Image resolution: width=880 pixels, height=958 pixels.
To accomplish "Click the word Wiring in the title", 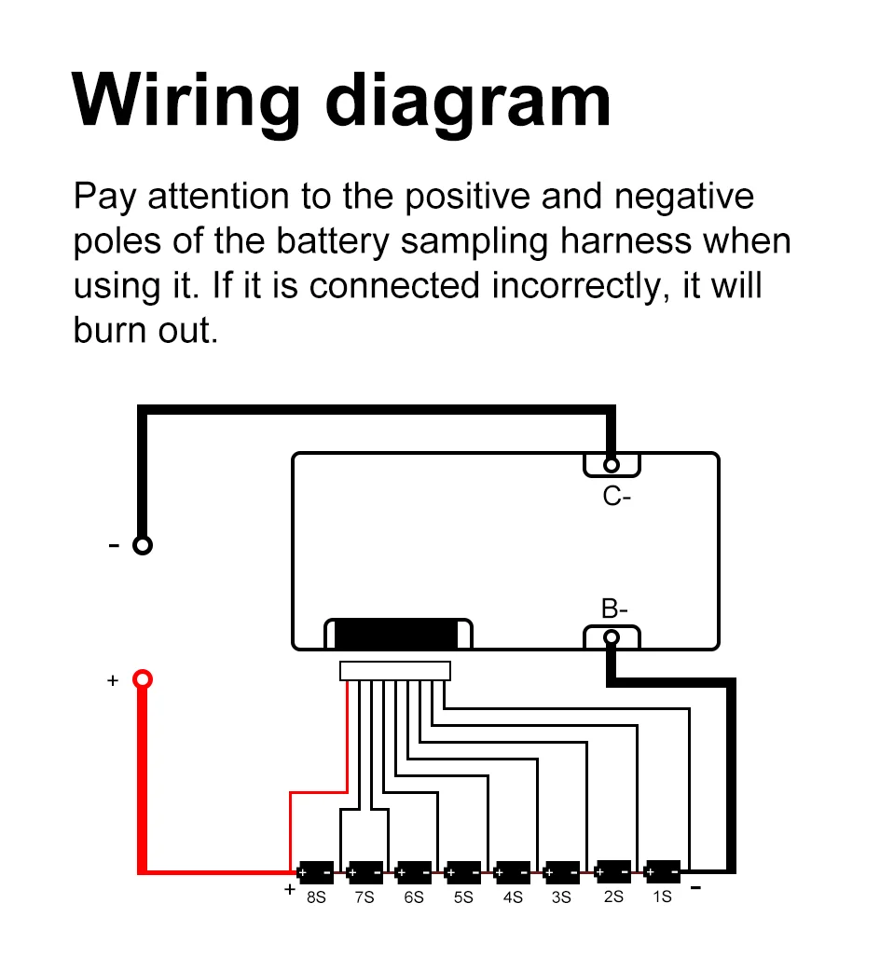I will point(186,101).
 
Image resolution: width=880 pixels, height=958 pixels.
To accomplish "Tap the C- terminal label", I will point(616,497).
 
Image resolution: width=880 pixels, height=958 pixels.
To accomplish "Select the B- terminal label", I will point(614,610).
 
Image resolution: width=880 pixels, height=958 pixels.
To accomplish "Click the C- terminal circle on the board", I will point(612,464).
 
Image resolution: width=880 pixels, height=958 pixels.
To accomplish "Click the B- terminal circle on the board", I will point(612,637).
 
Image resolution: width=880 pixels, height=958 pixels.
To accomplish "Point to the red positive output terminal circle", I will point(142,679).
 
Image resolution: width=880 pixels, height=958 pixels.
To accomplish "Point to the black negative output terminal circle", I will point(142,545).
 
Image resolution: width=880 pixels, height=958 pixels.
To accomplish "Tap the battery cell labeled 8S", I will point(316,873).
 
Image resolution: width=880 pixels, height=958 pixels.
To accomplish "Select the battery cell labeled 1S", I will point(662,872).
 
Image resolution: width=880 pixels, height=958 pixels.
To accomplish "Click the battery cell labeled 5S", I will point(463,873).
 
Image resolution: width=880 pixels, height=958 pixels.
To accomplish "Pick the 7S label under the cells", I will point(364,897).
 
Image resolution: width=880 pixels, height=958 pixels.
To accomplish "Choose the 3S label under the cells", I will point(561,897).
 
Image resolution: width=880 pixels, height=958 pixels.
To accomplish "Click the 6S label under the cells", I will point(414,897).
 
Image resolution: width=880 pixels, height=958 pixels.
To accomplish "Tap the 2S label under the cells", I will point(612,896).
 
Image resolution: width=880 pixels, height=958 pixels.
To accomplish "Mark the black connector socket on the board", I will point(396,635).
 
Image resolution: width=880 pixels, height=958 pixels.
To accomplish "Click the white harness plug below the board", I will point(395,671).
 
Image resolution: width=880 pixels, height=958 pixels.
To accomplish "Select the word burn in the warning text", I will point(108,331).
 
